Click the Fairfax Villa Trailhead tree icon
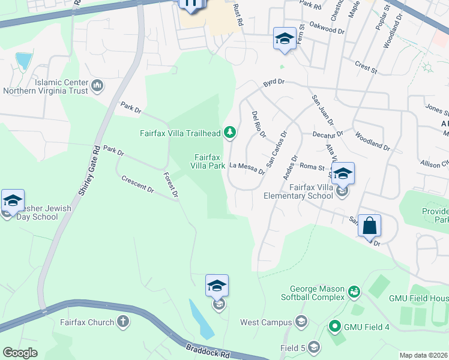point(229,133)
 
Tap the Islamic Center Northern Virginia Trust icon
point(97,87)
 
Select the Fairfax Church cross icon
point(124,322)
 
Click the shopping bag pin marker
point(370,227)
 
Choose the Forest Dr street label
point(171,185)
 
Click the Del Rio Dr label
point(259,124)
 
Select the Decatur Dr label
point(327,134)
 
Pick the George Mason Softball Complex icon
point(354,292)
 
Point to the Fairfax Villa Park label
point(208,161)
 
